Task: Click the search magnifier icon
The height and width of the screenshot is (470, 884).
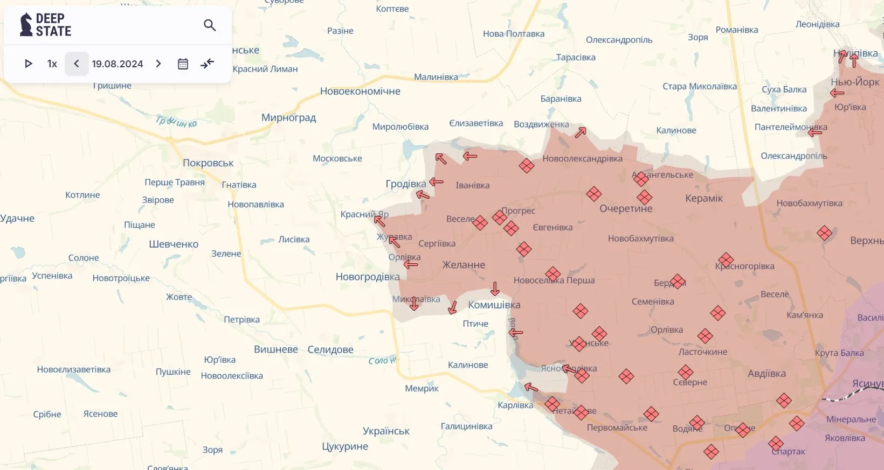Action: [210, 25]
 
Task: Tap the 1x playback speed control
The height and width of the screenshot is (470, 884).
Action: [52, 64]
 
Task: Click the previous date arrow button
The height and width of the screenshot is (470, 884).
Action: [77, 64]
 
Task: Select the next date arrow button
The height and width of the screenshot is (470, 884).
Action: [158, 64]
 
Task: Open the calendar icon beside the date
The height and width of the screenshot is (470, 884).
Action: [183, 64]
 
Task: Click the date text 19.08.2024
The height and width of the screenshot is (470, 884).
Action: [118, 64]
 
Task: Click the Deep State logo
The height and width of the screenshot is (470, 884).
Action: [45, 25]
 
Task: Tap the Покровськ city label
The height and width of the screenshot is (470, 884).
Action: [208, 163]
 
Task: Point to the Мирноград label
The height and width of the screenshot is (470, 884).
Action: [288, 118]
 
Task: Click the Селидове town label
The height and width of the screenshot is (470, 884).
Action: [330, 350]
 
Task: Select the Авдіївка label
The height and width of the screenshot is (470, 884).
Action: [766, 374]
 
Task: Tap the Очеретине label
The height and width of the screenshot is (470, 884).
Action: [626, 209]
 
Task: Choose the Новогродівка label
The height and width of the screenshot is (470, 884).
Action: [368, 277]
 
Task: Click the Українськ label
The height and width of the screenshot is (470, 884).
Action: [386, 431]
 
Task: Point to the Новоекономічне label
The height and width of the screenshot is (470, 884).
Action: [360, 92]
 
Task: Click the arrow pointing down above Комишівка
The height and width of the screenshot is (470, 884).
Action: [495, 289]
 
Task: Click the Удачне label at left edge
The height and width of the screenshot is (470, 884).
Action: [17, 219]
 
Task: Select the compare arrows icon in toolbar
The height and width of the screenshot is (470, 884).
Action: [208, 64]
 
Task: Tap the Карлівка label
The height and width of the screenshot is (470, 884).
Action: [515, 405]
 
